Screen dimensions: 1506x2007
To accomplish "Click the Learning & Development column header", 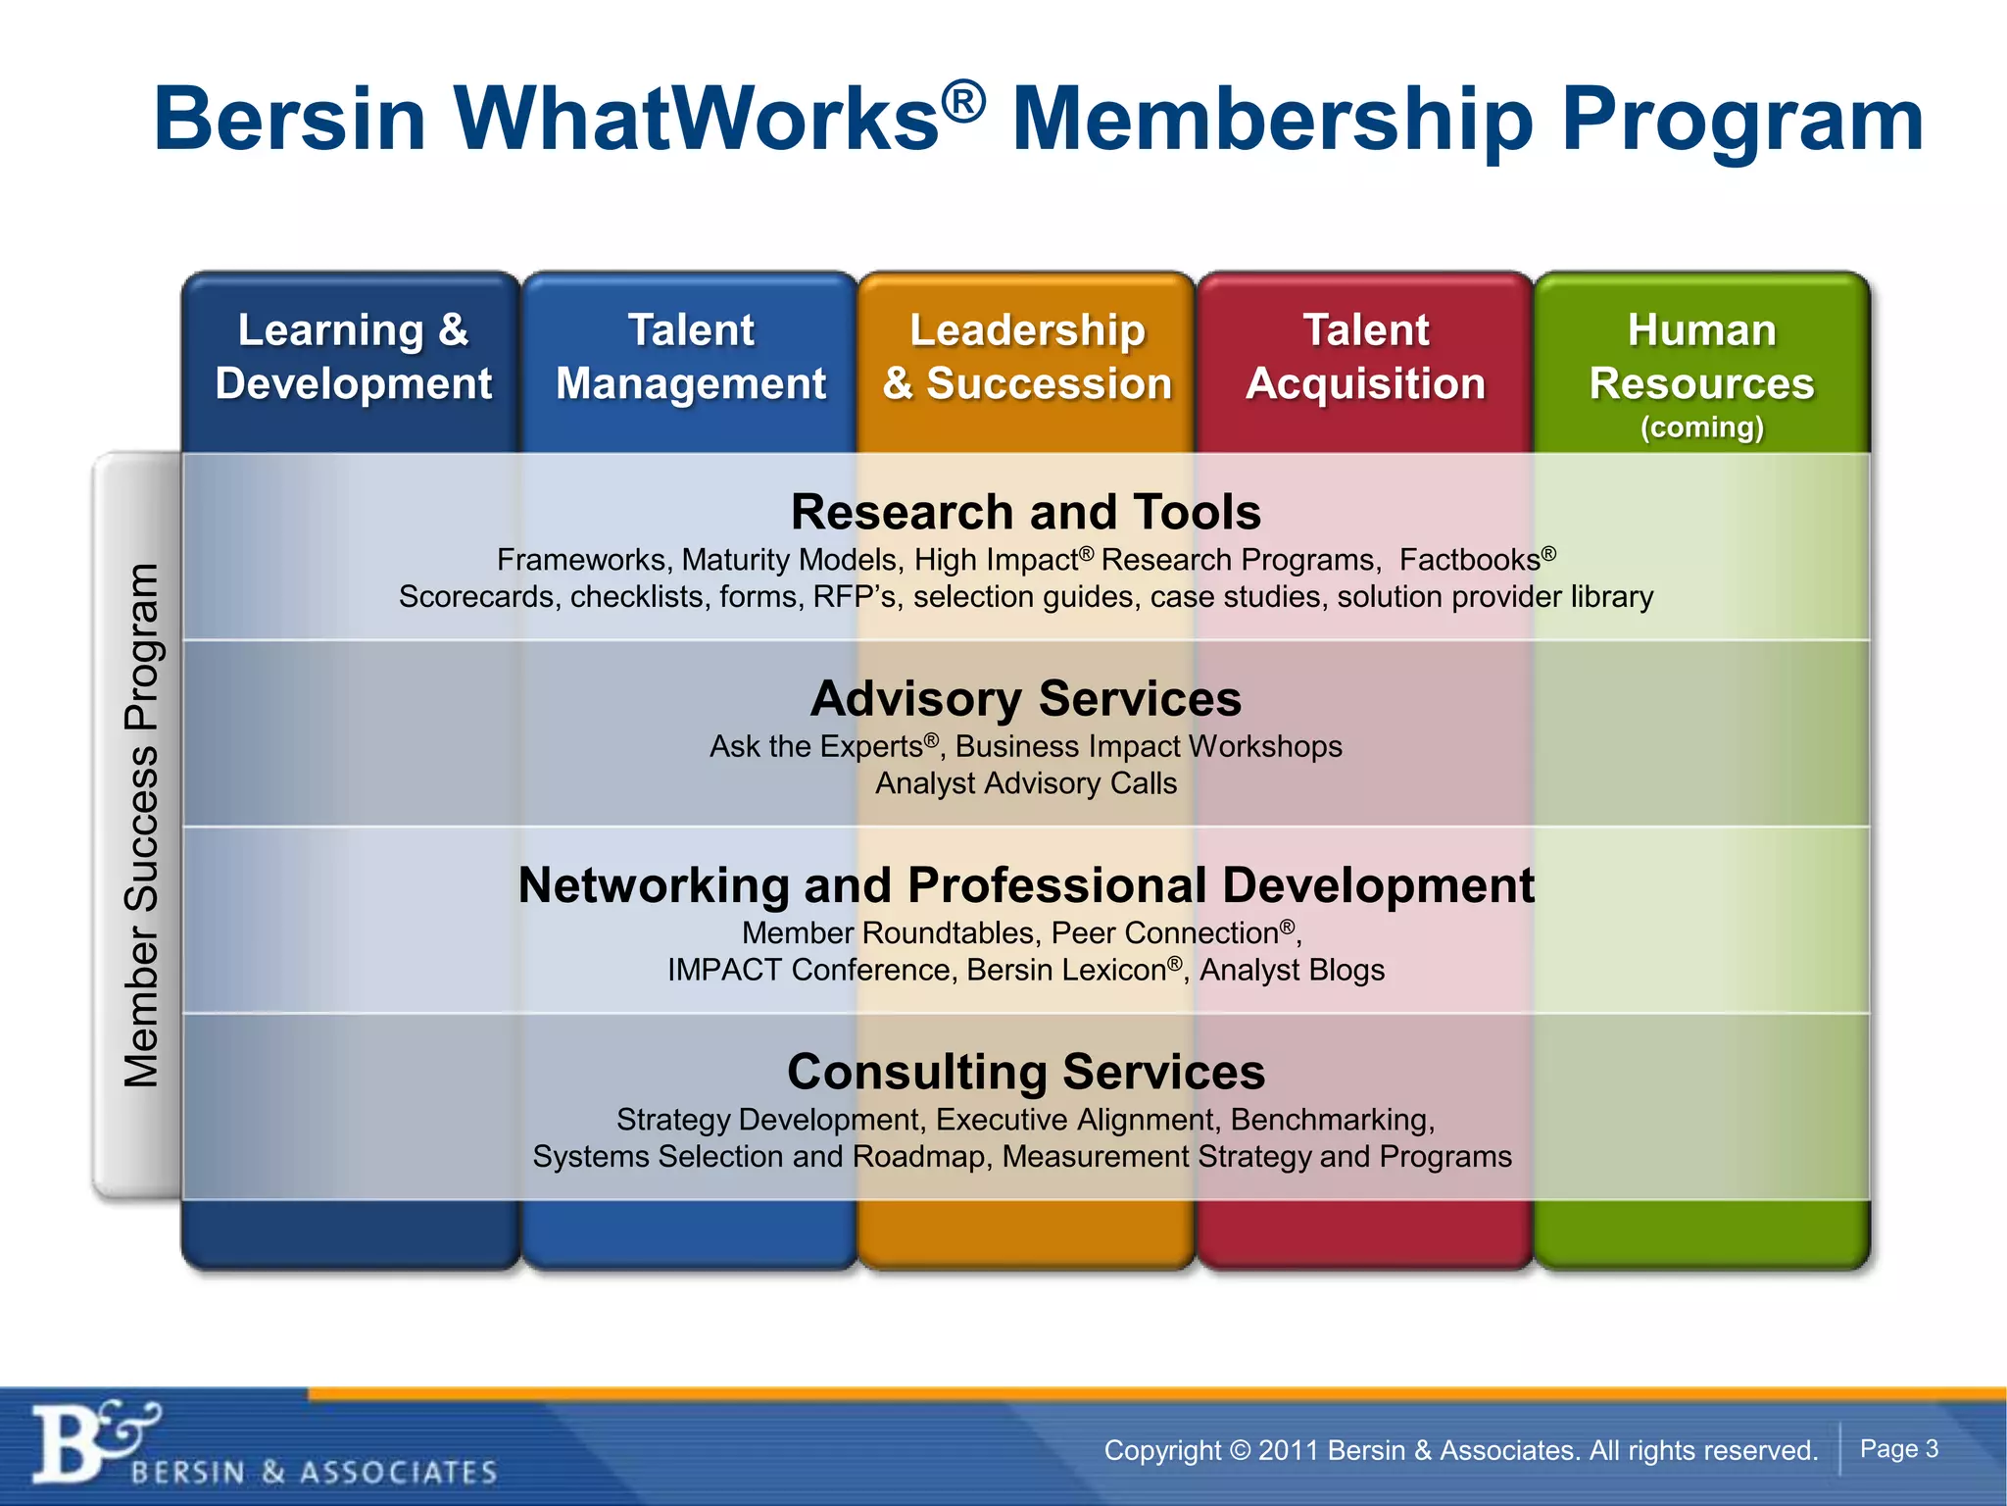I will coord(353,357).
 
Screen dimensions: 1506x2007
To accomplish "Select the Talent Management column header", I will coord(691,357).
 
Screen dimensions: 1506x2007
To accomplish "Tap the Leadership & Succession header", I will coord(1027,357).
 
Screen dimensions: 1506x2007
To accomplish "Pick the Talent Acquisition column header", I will coord(1365,357).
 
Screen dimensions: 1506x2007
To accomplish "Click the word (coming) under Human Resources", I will coord(1702,427).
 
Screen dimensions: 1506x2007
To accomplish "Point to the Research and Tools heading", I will coord(1026,512).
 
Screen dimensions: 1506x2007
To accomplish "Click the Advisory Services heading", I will coord(1026,699).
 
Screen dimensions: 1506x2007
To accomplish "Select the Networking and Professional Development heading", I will coord(1026,885).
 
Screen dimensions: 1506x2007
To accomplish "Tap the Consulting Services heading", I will coord(1026,1072).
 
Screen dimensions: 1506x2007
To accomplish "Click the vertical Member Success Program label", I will coord(141,826).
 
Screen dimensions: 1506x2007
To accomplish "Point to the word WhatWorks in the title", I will coord(697,120).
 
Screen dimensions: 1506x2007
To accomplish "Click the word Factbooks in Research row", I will coord(1470,560).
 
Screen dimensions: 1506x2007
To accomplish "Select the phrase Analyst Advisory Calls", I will coord(1026,783).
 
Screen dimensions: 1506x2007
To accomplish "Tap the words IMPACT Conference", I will coord(809,970).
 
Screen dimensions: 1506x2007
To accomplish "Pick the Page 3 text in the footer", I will coord(1899,1449).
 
